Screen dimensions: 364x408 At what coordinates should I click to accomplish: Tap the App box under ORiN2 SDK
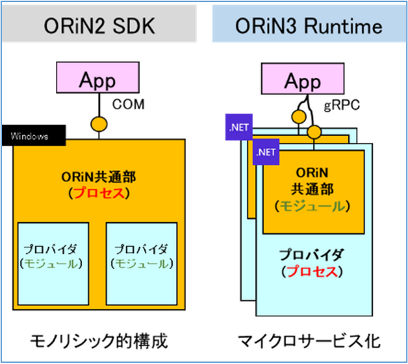[x=97, y=80]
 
